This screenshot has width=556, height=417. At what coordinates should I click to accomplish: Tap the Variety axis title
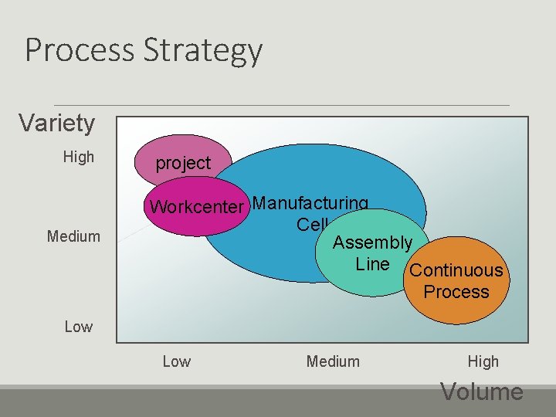(56, 123)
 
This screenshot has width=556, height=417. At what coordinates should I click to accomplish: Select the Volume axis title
(482, 392)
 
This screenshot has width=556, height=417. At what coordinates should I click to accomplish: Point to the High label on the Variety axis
(78, 158)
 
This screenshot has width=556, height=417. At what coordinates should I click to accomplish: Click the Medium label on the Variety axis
(73, 236)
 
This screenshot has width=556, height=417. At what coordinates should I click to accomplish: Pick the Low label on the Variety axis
(78, 327)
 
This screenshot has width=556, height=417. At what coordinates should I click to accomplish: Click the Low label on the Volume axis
(177, 361)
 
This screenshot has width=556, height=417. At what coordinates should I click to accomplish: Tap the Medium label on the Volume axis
(333, 361)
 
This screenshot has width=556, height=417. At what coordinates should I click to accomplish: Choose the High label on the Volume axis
(483, 361)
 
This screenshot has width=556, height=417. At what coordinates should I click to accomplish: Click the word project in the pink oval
(183, 163)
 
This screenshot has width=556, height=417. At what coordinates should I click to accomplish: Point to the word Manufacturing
(310, 203)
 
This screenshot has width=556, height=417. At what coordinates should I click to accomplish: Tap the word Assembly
(372, 243)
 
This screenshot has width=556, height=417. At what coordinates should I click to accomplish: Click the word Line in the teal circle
(372, 264)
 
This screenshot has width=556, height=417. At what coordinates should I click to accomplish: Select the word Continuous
(456, 270)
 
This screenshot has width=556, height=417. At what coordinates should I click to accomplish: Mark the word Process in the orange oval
(456, 292)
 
